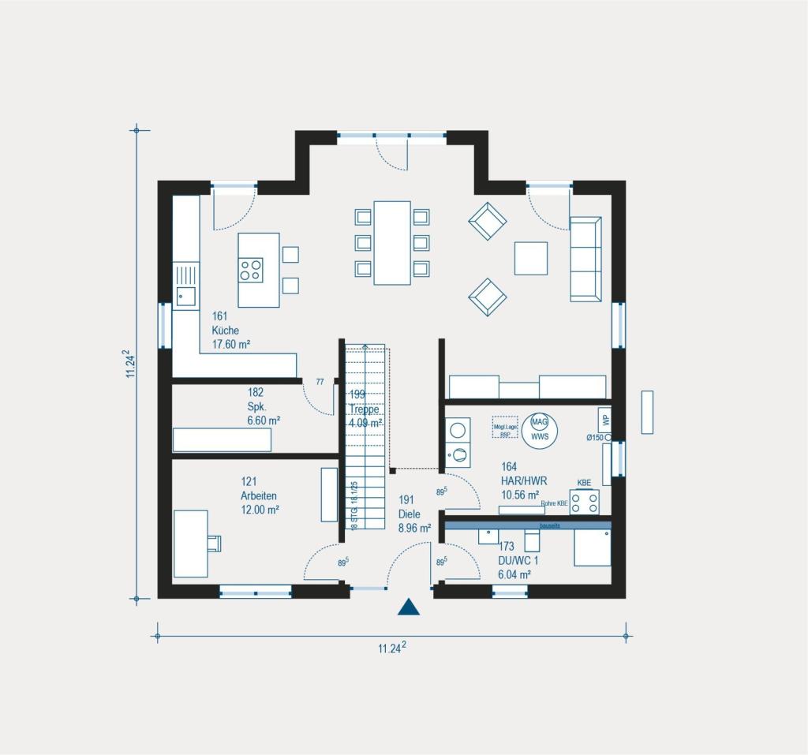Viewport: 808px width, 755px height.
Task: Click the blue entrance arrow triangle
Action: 408,607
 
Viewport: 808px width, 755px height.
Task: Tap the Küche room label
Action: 225,331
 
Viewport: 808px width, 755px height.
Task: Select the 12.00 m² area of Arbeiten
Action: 260,510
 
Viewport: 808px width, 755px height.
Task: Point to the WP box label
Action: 604,419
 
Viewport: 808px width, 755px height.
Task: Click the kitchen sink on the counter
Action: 186,297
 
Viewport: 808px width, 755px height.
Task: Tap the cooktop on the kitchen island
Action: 252,271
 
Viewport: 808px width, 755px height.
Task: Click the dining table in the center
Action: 392,243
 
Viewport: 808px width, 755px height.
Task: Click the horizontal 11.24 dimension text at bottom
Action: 391,648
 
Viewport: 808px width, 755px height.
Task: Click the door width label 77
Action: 320,383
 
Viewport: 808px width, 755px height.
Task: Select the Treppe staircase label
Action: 365,409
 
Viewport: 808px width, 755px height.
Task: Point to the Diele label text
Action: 410,514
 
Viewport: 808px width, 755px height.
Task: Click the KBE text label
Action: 584,482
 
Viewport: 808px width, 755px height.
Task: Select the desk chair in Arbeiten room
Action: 215,542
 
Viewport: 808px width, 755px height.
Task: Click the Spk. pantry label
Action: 256,406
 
